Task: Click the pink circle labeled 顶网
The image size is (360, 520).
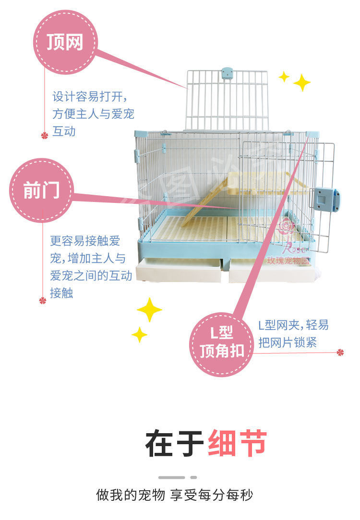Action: tap(64, 42)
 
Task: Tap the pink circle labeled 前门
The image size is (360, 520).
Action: tap(41, 190)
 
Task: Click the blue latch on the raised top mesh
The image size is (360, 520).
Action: tap(227, 73)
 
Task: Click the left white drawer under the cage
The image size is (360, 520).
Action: tap(179, 272)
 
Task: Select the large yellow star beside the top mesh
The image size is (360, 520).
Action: tap(301, 83)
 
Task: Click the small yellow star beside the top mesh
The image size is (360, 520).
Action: tap(284, 76)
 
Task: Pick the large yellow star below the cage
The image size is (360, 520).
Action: tap(149, 309)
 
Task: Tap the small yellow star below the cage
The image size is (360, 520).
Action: tap(139, 334)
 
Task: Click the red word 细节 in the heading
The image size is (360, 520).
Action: tap(237, 444)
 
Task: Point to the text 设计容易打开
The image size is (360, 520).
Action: tap(89, 96)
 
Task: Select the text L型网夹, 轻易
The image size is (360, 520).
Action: tap(293, 325)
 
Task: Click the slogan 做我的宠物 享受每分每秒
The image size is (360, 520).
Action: tap(175, 495)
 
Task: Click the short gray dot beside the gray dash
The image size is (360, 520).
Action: tap(193, 477)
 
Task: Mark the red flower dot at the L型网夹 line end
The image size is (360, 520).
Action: tap(340, 353)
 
